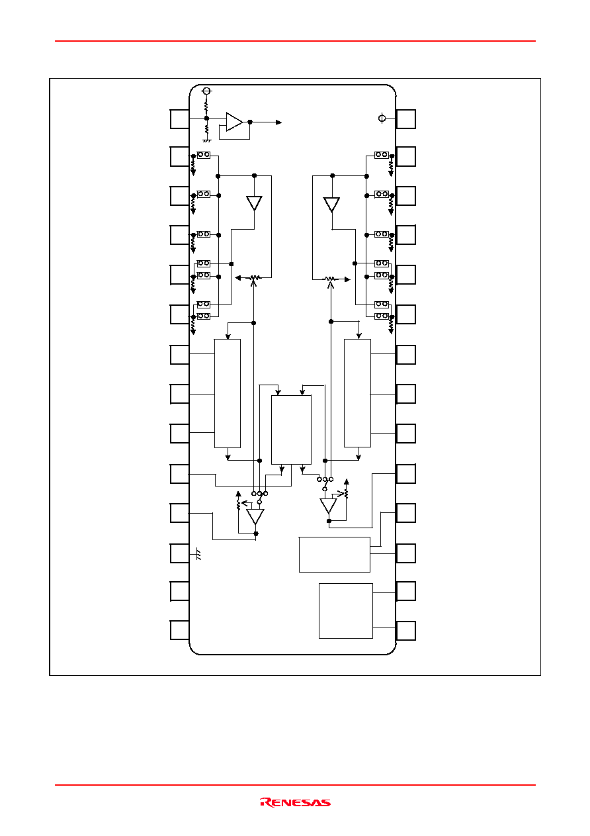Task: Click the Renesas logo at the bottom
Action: click(295, 802)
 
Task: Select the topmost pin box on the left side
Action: click(180, 119)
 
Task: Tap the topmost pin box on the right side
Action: click(405, 119)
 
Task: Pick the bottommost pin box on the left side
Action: click(180, 630)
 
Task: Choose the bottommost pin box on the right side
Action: click(405, 631)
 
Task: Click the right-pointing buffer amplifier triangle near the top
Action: click(234, 122)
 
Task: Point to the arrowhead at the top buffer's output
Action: click(278, 122)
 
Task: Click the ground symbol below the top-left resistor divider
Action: click(206, 141)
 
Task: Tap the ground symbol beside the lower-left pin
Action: click(198, 554)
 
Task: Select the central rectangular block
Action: click(291, 430)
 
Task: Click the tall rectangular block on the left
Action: click(228, 393)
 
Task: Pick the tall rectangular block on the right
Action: click(357, 393)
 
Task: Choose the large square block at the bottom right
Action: click(346, 611)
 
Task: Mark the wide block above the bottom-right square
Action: click(335, 555)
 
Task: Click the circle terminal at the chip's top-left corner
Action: click(206, 91)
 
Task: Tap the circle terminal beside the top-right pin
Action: click(382, 118)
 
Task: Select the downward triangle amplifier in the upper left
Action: click(255, 203)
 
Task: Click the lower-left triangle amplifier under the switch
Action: click(255, 516)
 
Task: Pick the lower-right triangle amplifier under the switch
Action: click(328, 506)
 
